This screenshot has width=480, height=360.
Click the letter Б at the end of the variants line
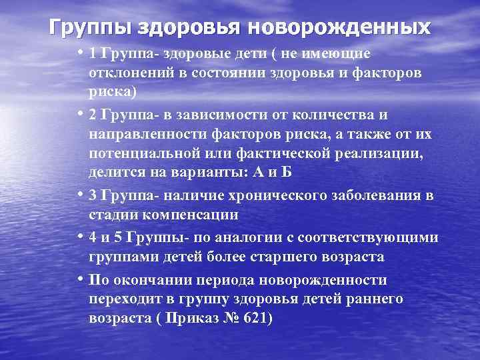click(285, 173)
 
